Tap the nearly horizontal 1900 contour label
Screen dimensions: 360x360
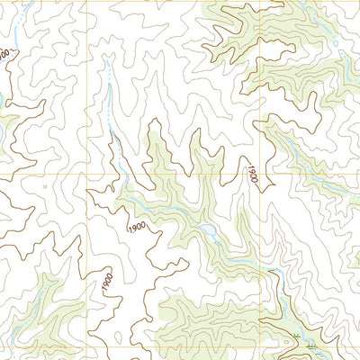(138, 227)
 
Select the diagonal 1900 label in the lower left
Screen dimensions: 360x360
(107, 281)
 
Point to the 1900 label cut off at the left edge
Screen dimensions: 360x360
(5, 54)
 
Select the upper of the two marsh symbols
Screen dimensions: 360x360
(297, 335)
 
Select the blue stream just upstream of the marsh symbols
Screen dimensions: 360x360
(280, 306)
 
